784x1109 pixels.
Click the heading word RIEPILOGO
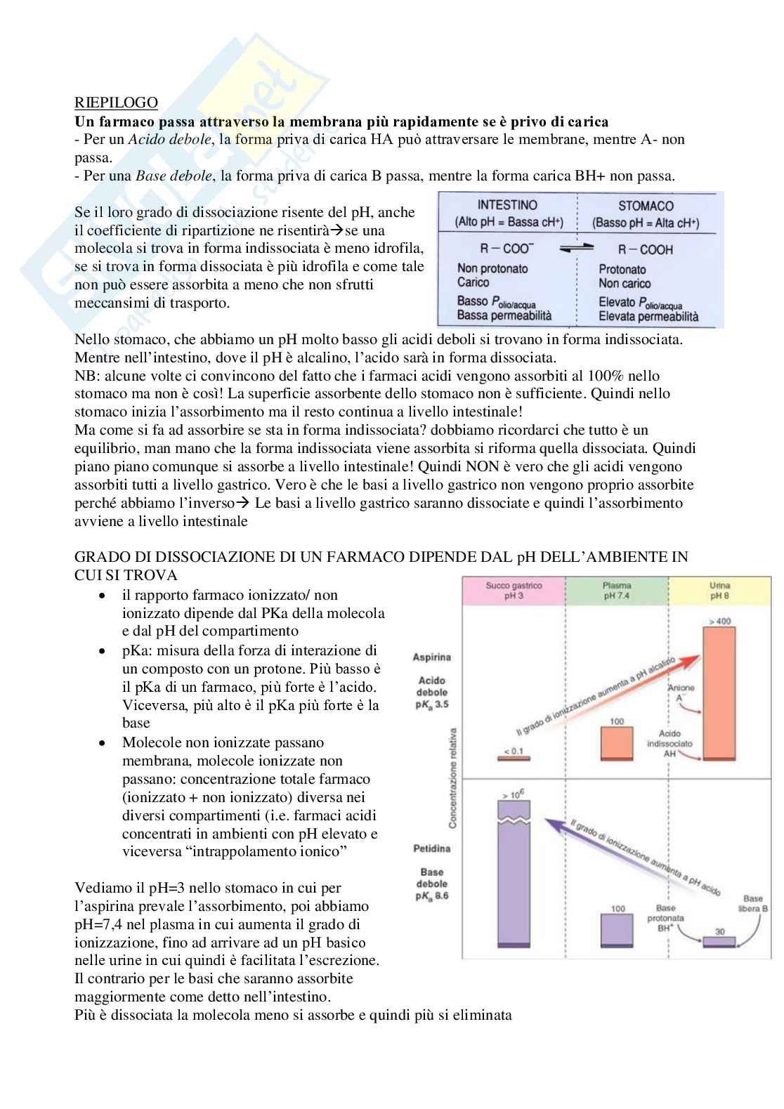coord(116,103)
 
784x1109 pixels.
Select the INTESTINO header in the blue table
coord(507,205)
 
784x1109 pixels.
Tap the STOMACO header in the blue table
coord(646,206)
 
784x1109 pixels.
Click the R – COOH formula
coord(646,249)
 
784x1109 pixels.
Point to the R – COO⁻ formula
coord(506,249)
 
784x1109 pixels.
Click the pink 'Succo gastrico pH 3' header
coord(514,591)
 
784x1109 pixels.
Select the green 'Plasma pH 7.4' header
coord(616,591)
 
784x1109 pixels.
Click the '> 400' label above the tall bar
coord(720,621)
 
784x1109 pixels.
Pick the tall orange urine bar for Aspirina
coord(720,692)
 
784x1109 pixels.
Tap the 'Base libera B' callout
coord(754,904)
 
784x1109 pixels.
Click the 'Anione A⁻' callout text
coord(681,693)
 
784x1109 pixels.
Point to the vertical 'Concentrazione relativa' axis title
coord(455,777)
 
